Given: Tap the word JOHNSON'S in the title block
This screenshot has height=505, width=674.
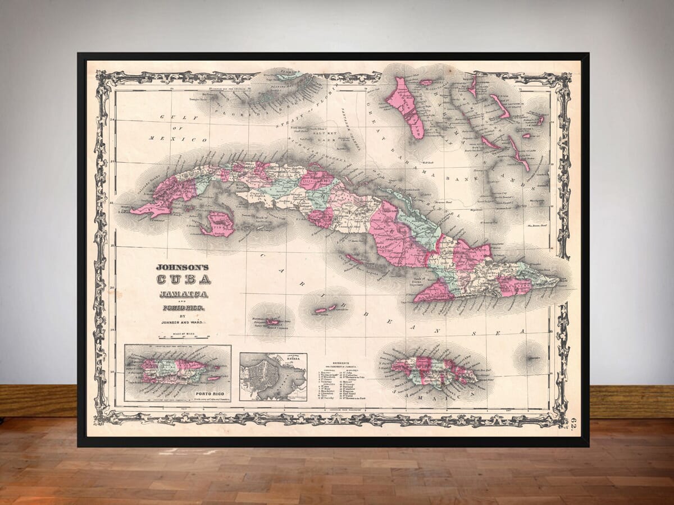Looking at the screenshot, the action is point(183,267).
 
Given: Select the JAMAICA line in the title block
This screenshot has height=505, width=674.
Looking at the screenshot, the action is point(183,294).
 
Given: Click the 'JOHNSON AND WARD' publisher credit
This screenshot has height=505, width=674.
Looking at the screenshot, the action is point(183,322).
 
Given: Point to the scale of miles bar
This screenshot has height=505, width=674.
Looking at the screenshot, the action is point(184,337).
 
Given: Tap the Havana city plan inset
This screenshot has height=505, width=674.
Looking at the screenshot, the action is point(273,377).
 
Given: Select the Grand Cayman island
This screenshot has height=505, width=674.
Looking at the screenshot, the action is point(273,322).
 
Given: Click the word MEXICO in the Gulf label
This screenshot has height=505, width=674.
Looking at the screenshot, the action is point(189,139).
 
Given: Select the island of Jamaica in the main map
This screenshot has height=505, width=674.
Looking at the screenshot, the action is point(433,371).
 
